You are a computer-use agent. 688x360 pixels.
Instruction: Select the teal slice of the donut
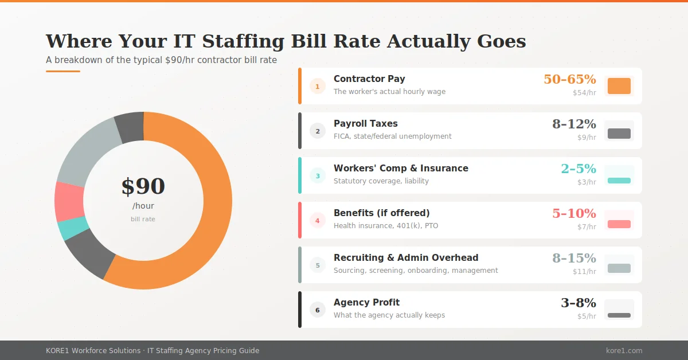73,228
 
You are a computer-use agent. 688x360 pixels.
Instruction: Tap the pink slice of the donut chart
69,201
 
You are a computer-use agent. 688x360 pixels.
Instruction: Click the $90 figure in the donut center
143,187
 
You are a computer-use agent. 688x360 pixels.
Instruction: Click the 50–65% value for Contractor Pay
569,79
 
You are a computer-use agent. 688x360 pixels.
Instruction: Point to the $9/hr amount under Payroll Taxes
587,137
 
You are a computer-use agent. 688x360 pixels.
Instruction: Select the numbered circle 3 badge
318,175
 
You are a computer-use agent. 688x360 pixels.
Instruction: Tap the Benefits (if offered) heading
381,213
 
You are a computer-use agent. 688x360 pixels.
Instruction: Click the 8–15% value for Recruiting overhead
574,258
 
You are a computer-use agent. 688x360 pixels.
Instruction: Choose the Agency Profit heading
366,302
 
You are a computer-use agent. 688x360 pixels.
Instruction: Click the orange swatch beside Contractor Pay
619,86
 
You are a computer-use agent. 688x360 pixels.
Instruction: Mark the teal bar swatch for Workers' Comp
619,181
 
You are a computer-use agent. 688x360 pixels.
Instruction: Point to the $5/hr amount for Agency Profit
587,316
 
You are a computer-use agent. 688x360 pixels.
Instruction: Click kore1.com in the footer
624,350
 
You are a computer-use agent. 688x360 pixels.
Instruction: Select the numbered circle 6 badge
318,310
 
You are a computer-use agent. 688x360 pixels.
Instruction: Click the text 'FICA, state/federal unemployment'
392,136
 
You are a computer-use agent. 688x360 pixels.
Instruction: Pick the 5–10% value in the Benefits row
574,213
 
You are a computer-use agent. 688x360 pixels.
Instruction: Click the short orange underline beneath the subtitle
63,71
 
